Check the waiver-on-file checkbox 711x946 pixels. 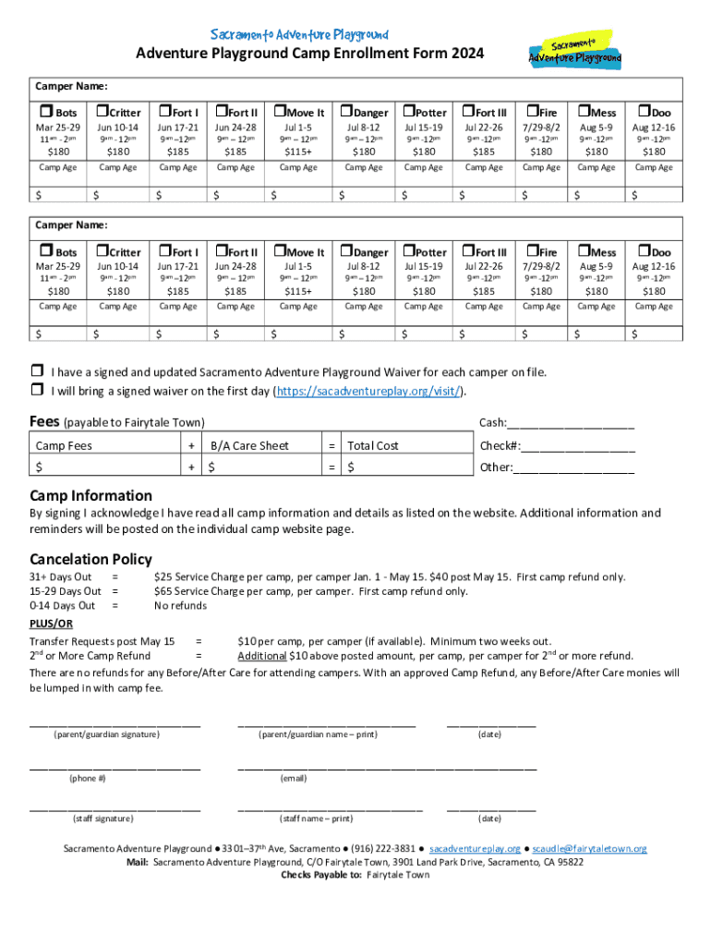tap(37, 372)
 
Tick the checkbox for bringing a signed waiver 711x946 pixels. tap(37, 391)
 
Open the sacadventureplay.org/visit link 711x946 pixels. tap(368, 392)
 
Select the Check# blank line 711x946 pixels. tap(578, 446)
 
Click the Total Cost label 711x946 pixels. tap(373, 445)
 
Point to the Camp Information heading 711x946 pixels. tap(90, 495)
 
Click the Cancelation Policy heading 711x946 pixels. tap(90, 560)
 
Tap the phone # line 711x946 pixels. tap(114, 766)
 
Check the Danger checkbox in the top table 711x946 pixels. tap(347, 112)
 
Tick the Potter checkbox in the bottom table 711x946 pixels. tap(406, 250)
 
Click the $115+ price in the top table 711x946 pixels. tap(298, 152)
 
